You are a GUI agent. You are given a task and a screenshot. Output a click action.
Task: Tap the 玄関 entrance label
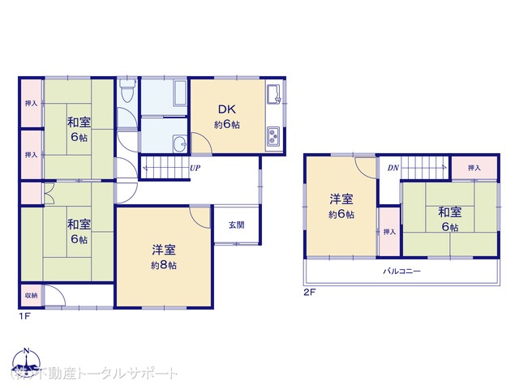[x=236, y=224]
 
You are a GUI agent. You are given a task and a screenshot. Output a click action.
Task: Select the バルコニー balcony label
[x=402, y=271]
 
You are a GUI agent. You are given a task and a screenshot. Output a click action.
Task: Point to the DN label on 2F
[x=392, y=169]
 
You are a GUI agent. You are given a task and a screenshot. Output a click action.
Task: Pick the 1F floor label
[x=25, y=316]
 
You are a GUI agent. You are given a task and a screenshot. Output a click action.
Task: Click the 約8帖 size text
[x=163, y=265]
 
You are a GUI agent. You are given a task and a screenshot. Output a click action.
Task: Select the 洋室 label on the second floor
[x=341, y=199]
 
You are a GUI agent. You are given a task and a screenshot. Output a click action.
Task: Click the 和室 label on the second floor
[x=450, y=212]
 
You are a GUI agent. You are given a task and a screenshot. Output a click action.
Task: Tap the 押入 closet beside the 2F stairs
[x=472, y=167]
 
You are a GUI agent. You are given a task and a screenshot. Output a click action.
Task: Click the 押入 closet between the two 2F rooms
[x=389, y=232]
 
